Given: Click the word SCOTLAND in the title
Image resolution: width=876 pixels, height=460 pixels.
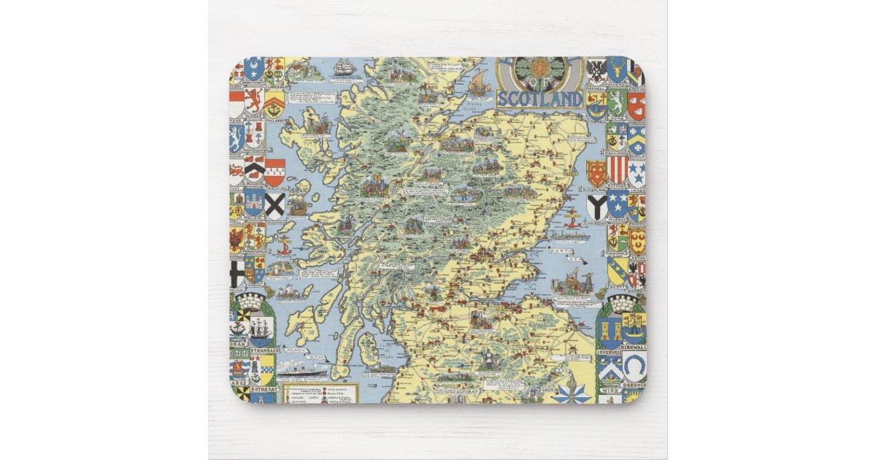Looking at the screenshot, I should click(539, 99).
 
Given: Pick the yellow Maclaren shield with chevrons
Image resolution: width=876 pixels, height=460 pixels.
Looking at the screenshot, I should click(274, 102).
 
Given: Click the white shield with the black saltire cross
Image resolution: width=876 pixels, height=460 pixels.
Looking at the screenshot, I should click(275, 205).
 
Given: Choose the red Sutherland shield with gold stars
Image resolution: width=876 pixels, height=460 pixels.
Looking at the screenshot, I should click(597, 173).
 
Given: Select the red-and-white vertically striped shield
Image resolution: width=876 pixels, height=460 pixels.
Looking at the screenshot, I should click(617, 169).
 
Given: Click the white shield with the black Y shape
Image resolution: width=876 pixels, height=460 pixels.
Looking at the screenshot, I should click(596, 207).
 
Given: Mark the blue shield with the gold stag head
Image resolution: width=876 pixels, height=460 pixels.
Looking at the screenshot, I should click(617, 70).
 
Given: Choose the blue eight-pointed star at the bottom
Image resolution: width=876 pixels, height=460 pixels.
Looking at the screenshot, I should click(572, 394).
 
